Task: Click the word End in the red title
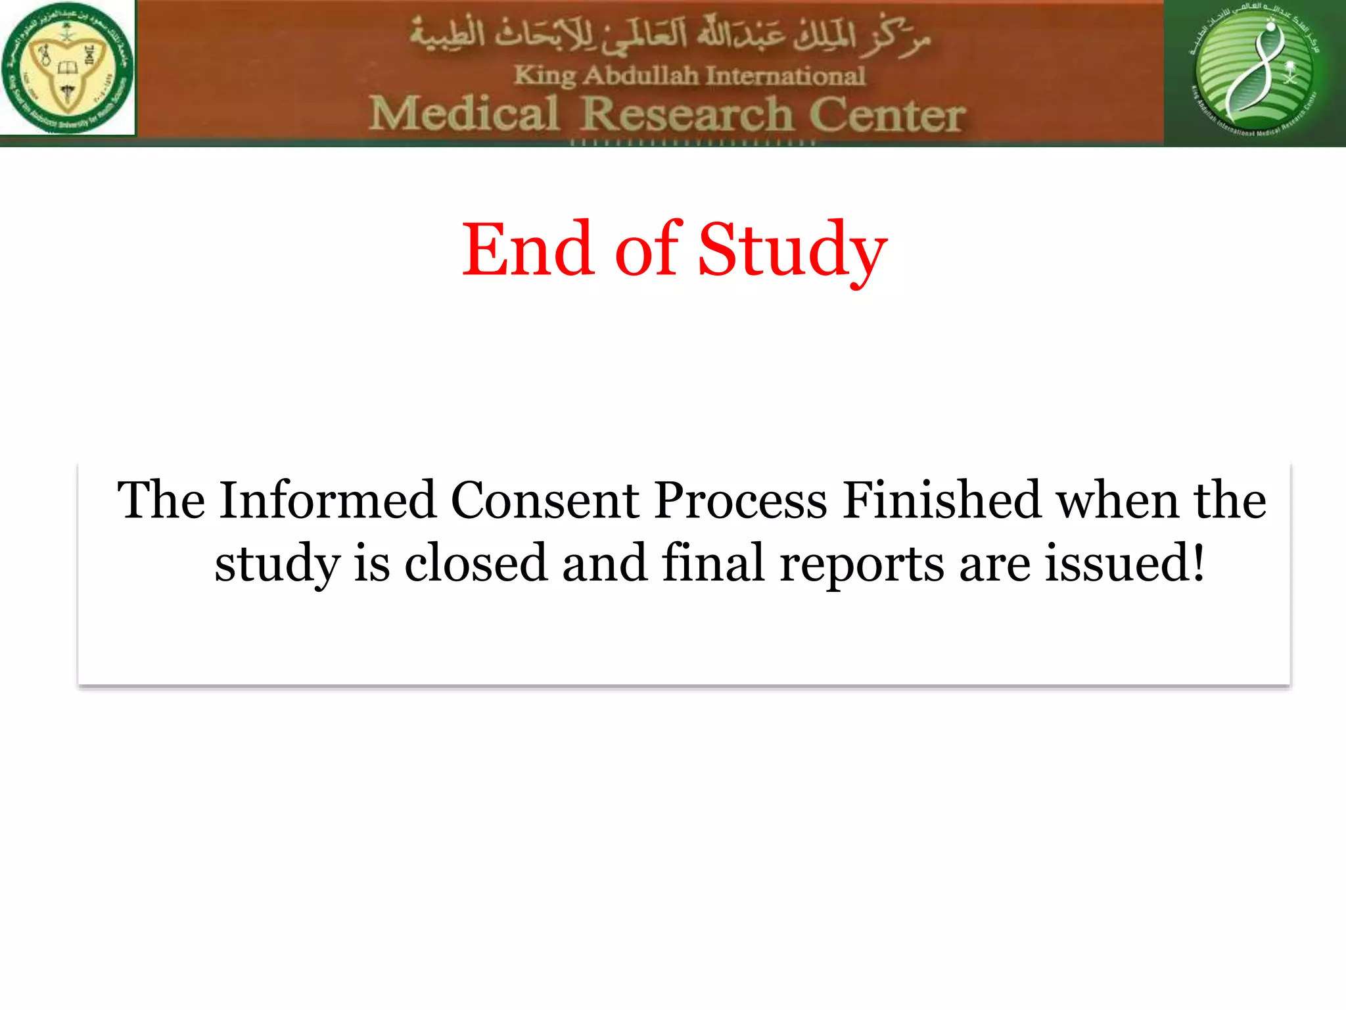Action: coord(528,250)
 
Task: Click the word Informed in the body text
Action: coord(327,500)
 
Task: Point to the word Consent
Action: coord(545,500)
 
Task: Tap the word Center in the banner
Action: coord(887,115)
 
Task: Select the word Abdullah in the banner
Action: coord(641,76)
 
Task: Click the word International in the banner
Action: coord(786,76)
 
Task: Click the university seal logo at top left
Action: coord(68,68)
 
